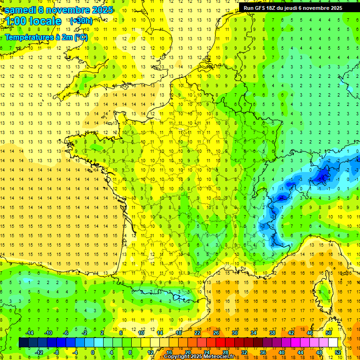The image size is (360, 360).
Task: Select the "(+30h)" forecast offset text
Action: (81, 21)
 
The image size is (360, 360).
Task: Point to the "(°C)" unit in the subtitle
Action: (80, 37)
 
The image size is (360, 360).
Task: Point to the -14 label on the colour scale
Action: (29, 333)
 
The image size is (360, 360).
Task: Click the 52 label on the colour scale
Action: (337, 352)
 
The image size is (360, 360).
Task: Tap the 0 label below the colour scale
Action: (93, 352)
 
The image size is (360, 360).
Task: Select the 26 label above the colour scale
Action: (216, 333)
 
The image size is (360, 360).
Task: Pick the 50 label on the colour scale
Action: (329, 333)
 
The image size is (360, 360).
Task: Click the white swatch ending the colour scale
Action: (333, 343)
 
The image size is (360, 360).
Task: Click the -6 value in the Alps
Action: (281, 198)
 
